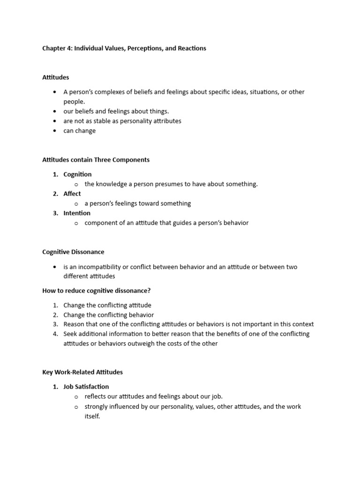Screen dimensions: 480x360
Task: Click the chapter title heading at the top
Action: [x=124, y=48]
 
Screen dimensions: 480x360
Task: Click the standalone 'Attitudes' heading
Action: [x=56, y=77]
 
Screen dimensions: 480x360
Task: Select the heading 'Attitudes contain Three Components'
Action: [x=96, y=160]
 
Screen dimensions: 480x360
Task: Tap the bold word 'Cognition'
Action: [x=77, y=174]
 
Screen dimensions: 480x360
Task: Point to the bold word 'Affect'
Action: [x=72, y=194]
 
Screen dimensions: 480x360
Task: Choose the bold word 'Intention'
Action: [x=77, y=213]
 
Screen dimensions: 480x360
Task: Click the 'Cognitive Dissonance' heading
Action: [x=73, y=252]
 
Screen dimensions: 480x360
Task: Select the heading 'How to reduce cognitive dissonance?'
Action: [x=97, y=291]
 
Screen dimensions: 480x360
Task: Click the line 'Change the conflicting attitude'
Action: [x=107, y=305]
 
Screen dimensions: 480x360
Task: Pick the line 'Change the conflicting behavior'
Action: [x=108, y=315]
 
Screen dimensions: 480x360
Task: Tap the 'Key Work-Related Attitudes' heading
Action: [x=82, y=372]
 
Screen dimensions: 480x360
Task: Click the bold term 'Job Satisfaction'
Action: [x=86, y=387]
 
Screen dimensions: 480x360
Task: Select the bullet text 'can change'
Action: [x=80, y=131]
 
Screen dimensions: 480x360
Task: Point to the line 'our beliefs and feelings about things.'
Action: [x=116, y=112]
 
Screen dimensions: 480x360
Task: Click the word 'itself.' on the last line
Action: [x=92, y=416]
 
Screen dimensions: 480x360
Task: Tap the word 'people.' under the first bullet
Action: [x=75, y=102]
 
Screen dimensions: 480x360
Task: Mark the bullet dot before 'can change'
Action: [x=55, y=131]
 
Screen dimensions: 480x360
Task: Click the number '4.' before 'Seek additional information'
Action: [x=55, y=334]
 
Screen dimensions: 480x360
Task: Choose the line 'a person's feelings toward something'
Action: [x=138, y=203]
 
